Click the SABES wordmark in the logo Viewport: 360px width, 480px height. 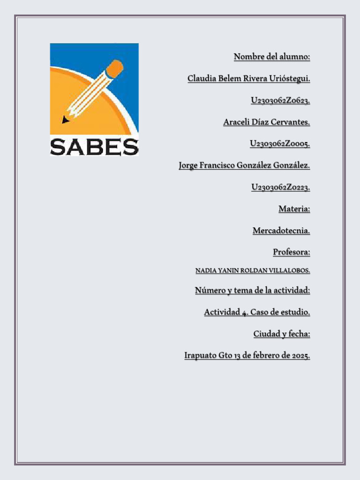94,147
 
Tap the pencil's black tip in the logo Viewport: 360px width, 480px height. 65,120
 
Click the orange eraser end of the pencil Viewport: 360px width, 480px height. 115,68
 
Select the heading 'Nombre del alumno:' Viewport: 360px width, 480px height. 272,57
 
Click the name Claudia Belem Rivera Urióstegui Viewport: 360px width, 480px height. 248,79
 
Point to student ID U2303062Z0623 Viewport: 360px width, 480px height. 280,100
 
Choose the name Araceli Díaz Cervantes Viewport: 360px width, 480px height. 266,122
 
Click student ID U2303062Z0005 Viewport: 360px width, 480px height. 280,144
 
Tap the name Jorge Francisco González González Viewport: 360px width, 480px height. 244,165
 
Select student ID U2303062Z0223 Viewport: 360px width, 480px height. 280,187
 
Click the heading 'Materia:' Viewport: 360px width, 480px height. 294,209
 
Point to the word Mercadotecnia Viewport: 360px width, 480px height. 281,231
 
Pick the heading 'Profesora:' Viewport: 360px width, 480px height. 292,252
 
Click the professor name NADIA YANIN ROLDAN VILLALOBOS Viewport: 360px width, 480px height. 252,271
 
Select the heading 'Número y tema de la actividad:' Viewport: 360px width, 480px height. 252,291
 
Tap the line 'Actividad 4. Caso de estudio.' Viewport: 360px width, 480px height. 257,312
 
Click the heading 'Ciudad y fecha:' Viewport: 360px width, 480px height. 282,334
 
